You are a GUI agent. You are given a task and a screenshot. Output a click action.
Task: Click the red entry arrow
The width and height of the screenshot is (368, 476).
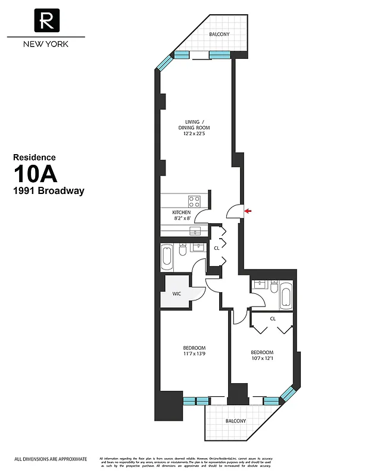coord(248,211)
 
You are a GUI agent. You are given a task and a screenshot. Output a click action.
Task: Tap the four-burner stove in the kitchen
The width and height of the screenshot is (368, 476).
coord(194,201)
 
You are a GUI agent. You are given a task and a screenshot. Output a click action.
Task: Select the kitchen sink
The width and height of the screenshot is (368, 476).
coord(194,230)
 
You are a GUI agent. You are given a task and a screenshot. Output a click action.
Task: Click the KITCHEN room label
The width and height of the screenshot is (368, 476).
coord(182,212)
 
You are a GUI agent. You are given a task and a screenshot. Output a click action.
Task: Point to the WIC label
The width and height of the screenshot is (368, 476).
coord(177,294)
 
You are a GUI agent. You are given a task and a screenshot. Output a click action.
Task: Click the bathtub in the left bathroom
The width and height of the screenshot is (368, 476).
coord(168,258)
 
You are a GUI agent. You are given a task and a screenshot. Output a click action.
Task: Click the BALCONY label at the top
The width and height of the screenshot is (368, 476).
coord(219,35)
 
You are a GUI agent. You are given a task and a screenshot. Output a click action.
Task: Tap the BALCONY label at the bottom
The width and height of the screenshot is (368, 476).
coord(235,421)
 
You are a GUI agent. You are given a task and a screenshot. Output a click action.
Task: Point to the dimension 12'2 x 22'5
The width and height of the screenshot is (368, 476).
coord(197,134)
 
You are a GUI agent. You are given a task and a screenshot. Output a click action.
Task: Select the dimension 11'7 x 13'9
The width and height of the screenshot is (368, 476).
coord(194,354)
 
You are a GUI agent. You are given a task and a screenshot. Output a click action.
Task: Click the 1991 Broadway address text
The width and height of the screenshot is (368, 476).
coord(49,191)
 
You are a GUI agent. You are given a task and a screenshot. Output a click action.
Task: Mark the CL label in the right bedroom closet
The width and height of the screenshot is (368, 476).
coord(273,318)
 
